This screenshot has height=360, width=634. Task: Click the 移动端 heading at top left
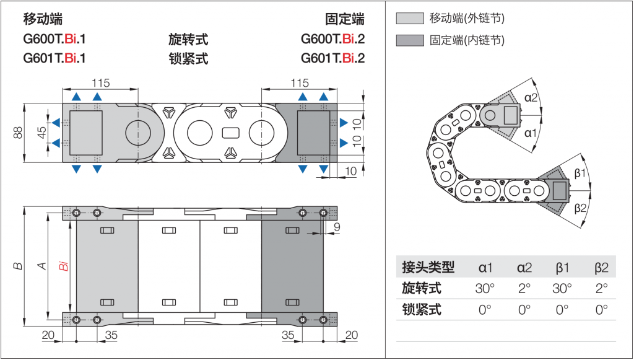pyautogui.click(x=43, y=19)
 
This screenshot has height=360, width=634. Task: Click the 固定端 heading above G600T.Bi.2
pyautogui.click(x=344, y=19)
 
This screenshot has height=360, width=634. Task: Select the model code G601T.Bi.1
pyautogui.click(x=54, y=59)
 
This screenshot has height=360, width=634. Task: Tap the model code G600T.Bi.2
pyautogui.click(x=332, y=40)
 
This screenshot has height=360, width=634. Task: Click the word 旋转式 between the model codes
pyautogui.click(x=188, y=40)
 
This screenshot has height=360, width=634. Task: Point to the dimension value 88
pyautogui.click(x=18, y=133)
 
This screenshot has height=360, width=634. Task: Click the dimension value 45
pyautogui.click(x=41, y=133)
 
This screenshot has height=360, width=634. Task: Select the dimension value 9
pyautogui.click(x=337, y=227)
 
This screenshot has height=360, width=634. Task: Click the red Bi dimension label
pyautogui.click(x=63, y=267)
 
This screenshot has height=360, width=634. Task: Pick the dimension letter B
pyautogui.click(x=19, y=266)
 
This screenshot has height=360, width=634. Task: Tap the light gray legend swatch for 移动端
pyautogui.click(x=409, y=19)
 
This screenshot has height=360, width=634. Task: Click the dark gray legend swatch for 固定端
pyautogui.click(x=409, y=41)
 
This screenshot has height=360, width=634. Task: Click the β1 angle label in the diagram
pyautogui.click(x=580, y=173)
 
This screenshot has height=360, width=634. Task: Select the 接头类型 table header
pyautogui.click(x=428, y=268)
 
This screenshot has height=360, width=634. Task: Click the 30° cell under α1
pyautogui.click(x=485, y=289)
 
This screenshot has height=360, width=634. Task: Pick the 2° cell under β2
pyautogui.click(x=601, y=289)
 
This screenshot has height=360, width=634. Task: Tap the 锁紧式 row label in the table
pyautogui.click(x=422, y=310)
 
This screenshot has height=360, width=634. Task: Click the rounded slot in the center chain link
pyautogui.click(x=230, y=133)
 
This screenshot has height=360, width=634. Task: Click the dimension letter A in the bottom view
pyautogui.click(x=42, y=266)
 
